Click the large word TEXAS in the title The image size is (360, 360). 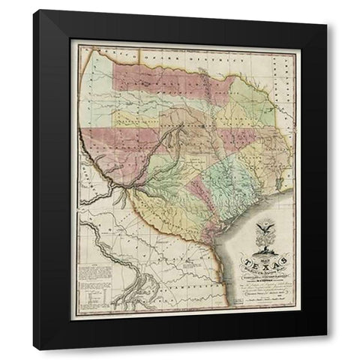point(256,262)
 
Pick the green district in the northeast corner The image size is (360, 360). point(255,109)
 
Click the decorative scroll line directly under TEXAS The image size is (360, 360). point(256,270)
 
